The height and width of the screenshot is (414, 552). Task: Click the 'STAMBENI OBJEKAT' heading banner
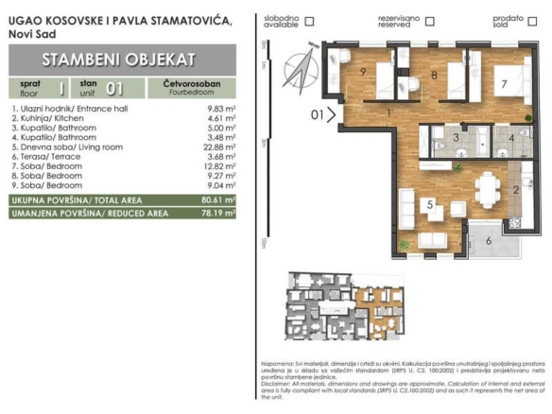pos(118,60)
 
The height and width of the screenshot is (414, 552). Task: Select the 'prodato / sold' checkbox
pos(530,20)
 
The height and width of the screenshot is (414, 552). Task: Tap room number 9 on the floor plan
pos(363,72)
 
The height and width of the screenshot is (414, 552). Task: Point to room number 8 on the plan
pos(434,75)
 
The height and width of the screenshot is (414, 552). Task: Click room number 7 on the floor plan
pos(504,84)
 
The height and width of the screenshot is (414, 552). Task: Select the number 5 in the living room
pos(428,203)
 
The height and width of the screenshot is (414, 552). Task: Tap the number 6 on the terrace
pos(488,241)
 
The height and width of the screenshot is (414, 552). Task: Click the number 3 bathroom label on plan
pos(456,139)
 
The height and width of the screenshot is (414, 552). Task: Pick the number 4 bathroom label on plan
pos(511,139)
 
